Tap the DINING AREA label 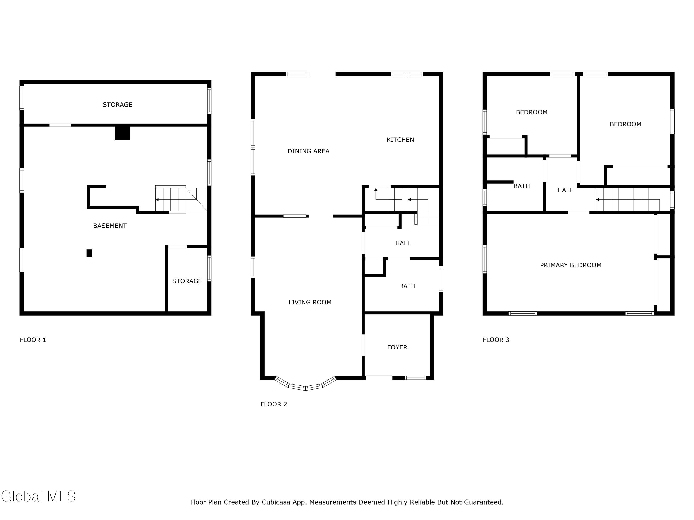(x=308, y=151)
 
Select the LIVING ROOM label (x=310, y=302)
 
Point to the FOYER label (x=397, y=347)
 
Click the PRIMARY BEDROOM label (x=571, y=265)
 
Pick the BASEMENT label (x=110, y=226)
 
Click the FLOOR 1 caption (x=33, y=340)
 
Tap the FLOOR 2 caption (x=274, y=404)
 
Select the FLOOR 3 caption (x=496, y=340)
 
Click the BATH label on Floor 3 (x=521, y=186)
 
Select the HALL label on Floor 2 (x=403, y=243)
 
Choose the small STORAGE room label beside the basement (x=187, y=281)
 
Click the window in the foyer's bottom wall (x=415, y=378)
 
